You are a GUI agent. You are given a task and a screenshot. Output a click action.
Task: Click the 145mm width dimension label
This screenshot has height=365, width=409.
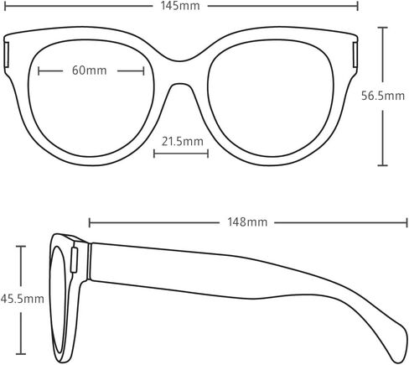(180, 6)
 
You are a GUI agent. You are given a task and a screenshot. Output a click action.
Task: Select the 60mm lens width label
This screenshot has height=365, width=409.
(90, 70)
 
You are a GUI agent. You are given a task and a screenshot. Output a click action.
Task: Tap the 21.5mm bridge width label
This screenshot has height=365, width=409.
(183, 141)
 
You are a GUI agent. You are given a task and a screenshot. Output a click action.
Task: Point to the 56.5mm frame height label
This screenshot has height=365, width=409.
(383, 96)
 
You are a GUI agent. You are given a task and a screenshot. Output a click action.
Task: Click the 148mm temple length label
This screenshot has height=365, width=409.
(247, 222)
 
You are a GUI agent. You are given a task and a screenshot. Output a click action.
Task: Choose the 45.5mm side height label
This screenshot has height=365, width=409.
(23, 299)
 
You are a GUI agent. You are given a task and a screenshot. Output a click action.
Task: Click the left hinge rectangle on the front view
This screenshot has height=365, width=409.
(7, 55)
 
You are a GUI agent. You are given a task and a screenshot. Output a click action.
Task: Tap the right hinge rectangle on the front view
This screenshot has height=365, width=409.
(355, 55)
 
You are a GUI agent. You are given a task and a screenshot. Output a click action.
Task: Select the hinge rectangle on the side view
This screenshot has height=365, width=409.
(74, 260)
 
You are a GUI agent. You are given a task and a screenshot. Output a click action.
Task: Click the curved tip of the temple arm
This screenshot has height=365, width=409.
(401, 346)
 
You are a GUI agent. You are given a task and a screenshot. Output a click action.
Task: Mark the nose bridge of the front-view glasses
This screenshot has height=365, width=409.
(180, 72)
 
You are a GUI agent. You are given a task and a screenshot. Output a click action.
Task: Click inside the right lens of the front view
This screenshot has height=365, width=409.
(271, 98)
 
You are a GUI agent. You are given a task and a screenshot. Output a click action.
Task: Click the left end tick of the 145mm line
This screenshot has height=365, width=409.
(5, 6)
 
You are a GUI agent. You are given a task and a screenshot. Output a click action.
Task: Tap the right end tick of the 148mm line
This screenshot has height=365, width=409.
(406, 222)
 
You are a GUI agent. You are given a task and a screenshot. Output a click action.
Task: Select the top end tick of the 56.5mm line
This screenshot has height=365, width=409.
(382, 28)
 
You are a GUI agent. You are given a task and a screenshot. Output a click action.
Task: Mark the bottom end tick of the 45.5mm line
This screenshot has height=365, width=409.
(21, 354)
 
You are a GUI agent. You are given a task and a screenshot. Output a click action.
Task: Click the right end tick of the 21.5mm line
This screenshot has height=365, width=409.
(208, 154)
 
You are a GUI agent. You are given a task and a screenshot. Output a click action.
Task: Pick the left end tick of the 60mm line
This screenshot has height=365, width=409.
(39, 71)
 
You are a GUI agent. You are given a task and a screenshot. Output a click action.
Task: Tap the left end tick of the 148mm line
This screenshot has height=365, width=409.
(90, 222)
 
